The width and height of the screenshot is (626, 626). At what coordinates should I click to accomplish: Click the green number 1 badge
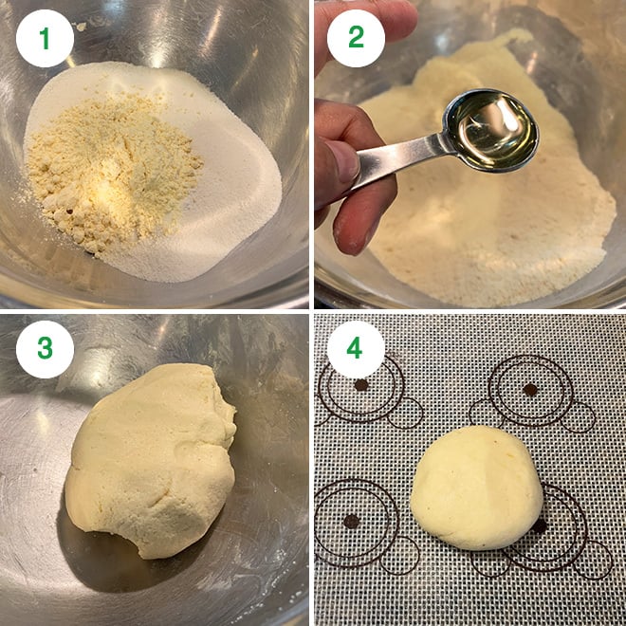pyautogui.click(x=44, y=38)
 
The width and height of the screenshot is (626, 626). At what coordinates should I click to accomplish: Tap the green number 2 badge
pyautogui.click(x=356, y=38)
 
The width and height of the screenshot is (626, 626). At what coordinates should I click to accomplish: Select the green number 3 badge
pyautogui.click(x=44, y=349)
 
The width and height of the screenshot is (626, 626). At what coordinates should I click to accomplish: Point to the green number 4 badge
pyautogui.click(x=355, y=349)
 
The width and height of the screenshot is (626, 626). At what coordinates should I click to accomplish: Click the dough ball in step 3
pyautogui.click(x=152, y=455)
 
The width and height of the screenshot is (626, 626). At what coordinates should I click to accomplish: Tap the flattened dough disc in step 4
pyautogui.click(x=476, y=486)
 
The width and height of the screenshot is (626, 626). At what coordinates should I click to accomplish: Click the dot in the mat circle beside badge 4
pyautogui.click(x=361, y=385)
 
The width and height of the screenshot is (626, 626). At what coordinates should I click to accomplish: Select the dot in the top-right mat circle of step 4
pyautogui.click(x=530, y=389)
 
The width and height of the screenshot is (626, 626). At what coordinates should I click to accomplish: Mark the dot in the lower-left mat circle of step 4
pyautogui.click(x=351, y=521)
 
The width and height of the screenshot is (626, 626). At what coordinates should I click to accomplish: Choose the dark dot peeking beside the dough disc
pyautogui.click(x=539, y=525)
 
